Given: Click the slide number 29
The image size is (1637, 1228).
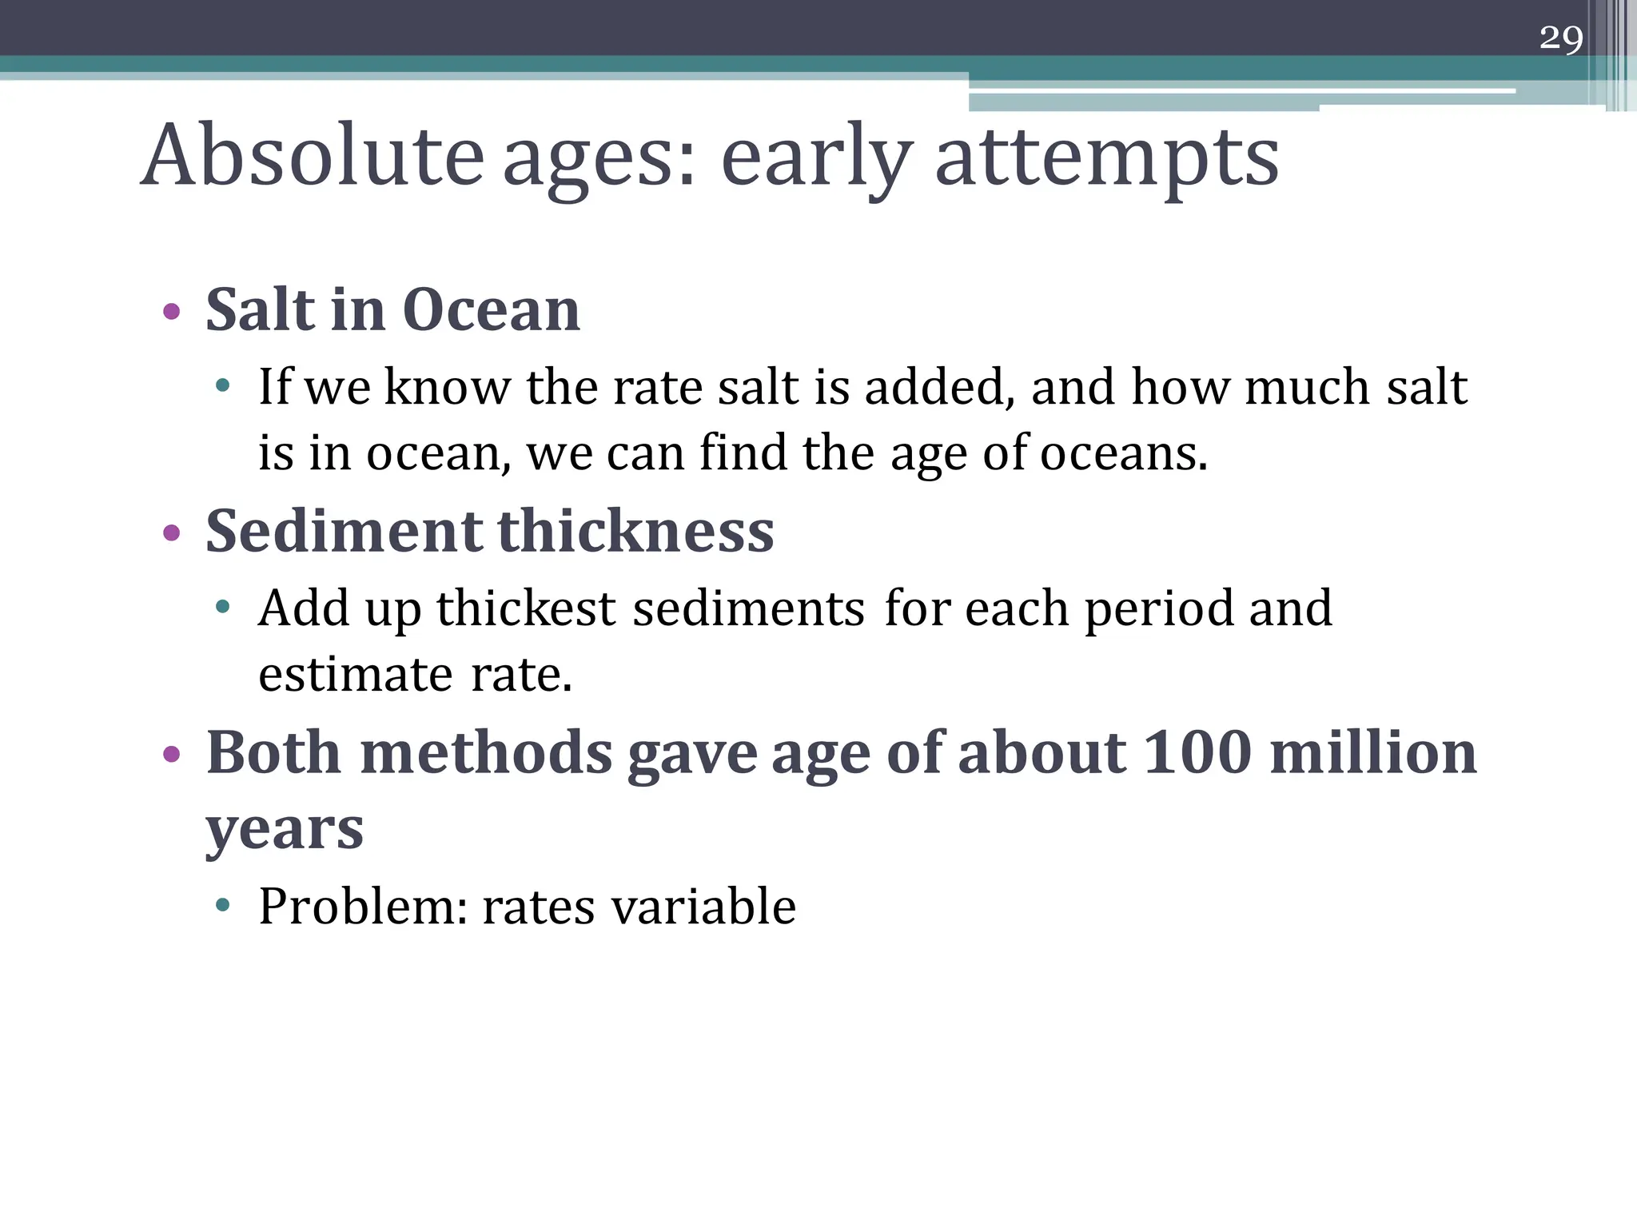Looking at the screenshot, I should (x=1560, y=38).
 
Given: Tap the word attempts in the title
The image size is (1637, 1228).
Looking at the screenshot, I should (x=1106, y=158).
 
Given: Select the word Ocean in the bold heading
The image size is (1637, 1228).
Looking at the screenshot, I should (x=491, y=309).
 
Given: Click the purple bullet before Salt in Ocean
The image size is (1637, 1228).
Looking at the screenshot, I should (x=171, y=311).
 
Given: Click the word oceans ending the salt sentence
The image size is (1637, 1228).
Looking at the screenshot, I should (x=1122, y=453).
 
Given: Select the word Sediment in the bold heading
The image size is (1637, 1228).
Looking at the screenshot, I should (x=344, y=531).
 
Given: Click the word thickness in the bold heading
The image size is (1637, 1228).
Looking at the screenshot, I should (x=635, y=531).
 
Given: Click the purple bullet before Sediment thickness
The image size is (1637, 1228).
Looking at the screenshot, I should (x=171, y=532).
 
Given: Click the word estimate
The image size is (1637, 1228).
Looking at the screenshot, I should (x=356, y=674).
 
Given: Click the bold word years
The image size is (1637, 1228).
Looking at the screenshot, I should (x=285, y=829).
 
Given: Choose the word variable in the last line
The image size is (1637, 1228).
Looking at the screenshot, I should (x=703, y=907).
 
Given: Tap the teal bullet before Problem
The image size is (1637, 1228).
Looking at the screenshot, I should (x=223, y=906).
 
